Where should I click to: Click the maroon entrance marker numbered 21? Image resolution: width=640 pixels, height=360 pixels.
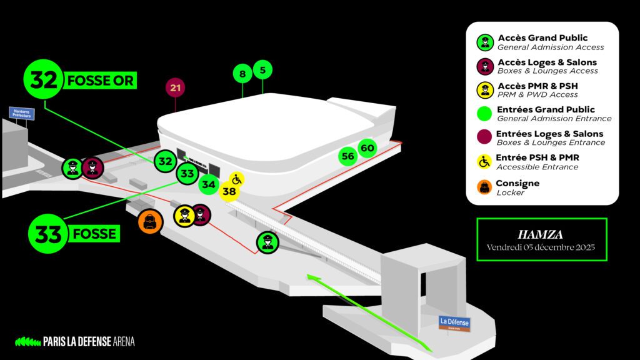(x=176, y=87)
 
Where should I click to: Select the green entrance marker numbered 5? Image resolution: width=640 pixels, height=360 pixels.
(x=262, y=69)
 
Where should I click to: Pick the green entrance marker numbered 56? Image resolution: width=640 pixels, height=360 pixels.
(x=348, y=156)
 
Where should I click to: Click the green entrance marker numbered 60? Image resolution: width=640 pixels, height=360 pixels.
(x=367, y=148)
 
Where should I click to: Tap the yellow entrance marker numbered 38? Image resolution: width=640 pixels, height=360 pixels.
(x=229, y=192)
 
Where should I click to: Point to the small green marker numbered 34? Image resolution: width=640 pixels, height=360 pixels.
(x=209, y=185)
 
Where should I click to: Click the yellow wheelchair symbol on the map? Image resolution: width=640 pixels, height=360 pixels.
(x=236, y=179)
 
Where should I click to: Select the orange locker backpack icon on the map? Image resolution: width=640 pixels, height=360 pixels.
(x=150, y=221)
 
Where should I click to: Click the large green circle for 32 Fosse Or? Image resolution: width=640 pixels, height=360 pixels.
(x=43, y=80)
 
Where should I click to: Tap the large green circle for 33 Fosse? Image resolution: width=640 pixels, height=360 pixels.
(x=48, y=234)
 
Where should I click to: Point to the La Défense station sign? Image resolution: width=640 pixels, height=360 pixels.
(x=454, y=323)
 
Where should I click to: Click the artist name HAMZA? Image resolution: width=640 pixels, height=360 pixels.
(x=541, y=235)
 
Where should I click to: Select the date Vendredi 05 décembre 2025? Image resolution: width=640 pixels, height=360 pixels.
(x=541, y=247)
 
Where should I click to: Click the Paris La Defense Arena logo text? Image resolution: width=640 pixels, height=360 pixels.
(x=89, y=341)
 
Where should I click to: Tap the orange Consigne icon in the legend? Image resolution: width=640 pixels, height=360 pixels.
(x=484, y=187)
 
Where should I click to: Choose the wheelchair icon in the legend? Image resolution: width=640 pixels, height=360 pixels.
(x=484, y=162)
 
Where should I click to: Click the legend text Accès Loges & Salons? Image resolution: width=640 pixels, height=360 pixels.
(x=547, y=62)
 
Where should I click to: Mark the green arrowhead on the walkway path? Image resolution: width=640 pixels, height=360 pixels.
(x=310, y=276)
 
